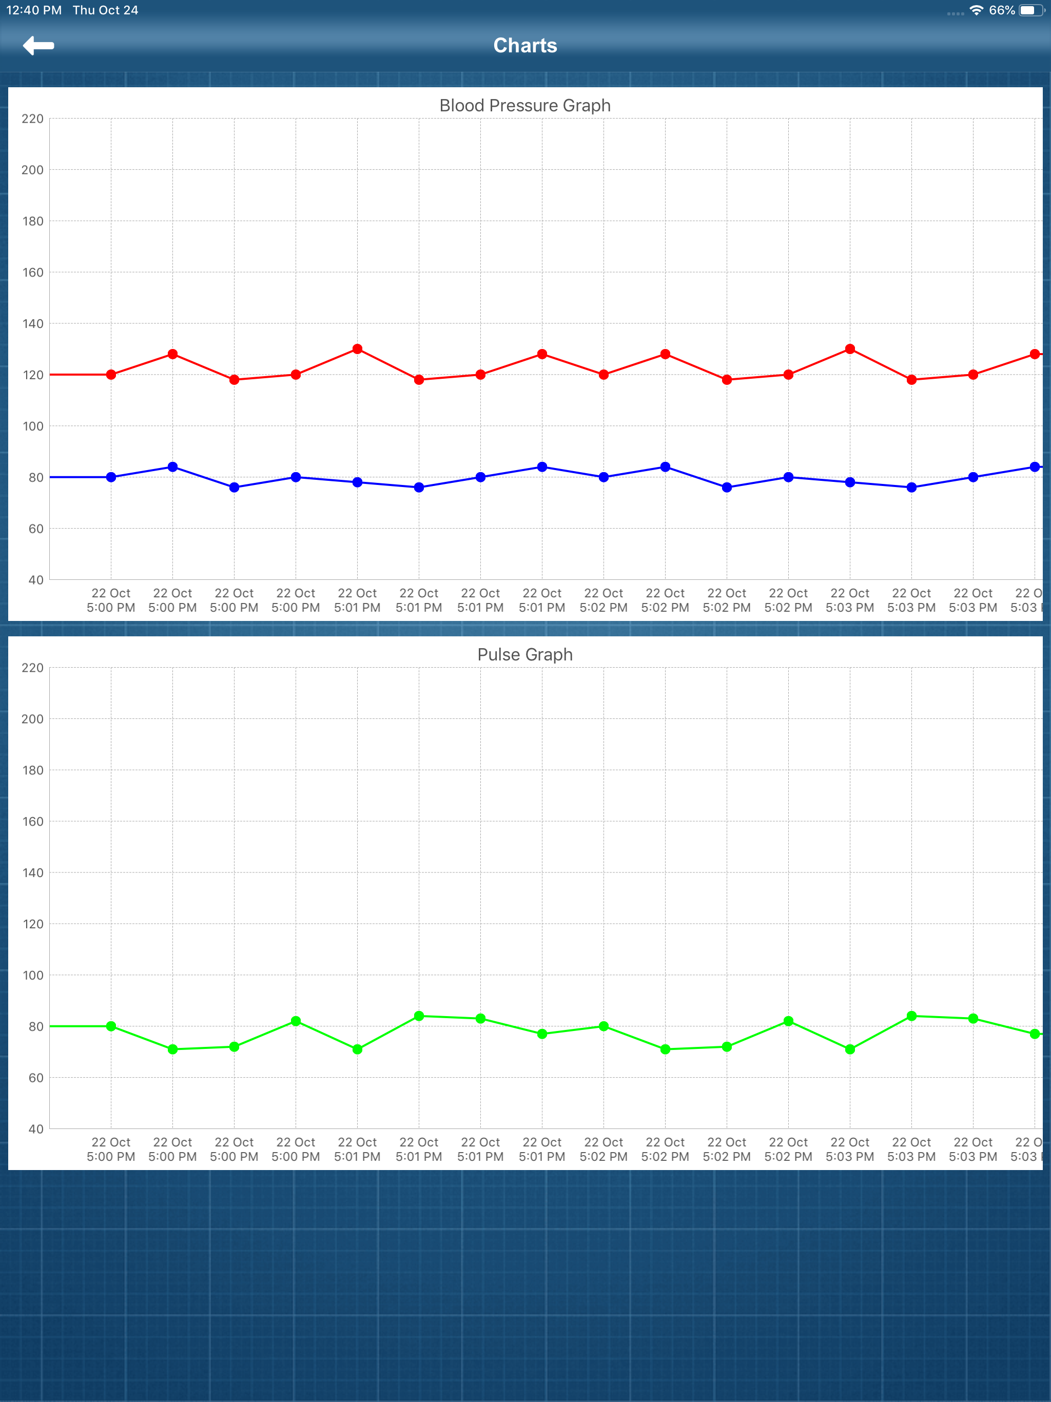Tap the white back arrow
38,46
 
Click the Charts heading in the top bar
525,46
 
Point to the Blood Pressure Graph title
525,105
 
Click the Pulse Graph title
525,654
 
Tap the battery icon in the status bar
1030,10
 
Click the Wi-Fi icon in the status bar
976,10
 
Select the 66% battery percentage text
1002,10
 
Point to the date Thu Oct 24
105,10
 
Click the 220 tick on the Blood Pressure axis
32,119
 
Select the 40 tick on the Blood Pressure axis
35,579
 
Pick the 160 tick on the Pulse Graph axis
32,822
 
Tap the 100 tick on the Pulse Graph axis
32,975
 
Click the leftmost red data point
111,375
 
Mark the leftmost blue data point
111,477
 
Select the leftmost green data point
111,1026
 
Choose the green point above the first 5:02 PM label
604,1026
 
